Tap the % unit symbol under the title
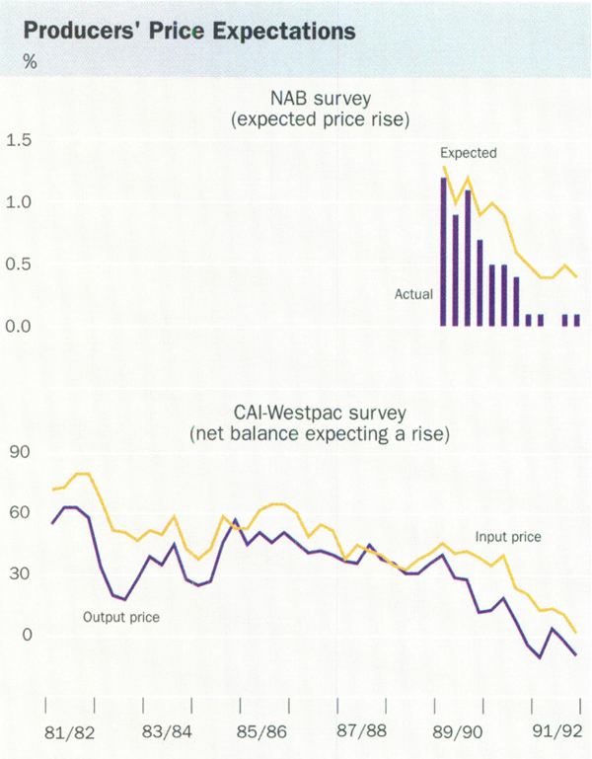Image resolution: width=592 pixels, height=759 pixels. [x=30, y=62]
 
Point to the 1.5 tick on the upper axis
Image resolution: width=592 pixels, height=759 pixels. [x=19, y=141]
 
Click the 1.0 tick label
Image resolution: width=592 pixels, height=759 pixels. [x=19, y=203]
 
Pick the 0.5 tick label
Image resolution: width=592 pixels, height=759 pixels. [x=19, y=265]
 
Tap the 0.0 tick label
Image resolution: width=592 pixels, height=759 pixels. [x=19, y=327]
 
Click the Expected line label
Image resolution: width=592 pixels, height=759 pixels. [x=468, y=153]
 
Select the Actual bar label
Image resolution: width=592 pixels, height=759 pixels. [x=413, y=293]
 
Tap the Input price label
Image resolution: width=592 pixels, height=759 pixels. [x=509, y=538]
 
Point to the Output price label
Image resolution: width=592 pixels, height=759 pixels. [x=120, y=618]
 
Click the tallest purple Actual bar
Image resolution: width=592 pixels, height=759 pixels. [x=443, y=252]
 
